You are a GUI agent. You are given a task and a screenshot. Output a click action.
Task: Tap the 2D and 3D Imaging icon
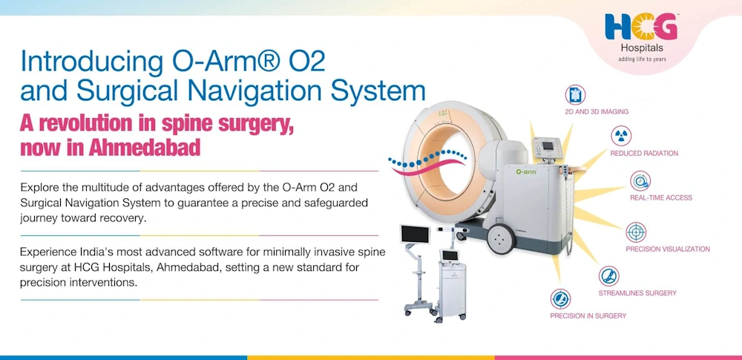point(575,94)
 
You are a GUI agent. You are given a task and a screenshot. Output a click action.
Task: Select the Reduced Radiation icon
point(621,136)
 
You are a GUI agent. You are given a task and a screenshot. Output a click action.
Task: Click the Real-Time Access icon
point(640,180)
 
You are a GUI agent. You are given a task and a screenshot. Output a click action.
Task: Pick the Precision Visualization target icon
point(636,232)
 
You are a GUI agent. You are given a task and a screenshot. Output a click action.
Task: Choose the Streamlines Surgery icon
point(609,276)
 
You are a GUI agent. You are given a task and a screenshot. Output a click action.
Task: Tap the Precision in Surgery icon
point(560,299)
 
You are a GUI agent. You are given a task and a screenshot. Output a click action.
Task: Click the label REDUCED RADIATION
point(644,154)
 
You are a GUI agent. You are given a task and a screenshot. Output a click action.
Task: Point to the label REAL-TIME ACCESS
point(661,198)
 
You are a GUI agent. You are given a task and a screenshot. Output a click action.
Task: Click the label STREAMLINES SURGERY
point(637,293)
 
